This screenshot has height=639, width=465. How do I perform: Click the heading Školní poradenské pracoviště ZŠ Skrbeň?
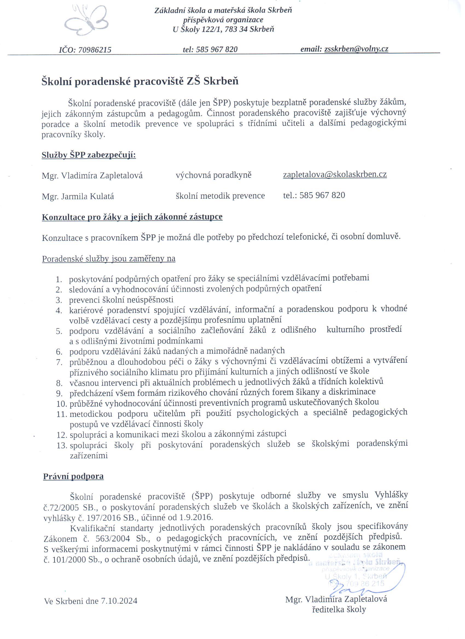(x=140, y=81)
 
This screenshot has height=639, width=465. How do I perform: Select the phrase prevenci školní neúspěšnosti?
(x=121, y=300)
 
